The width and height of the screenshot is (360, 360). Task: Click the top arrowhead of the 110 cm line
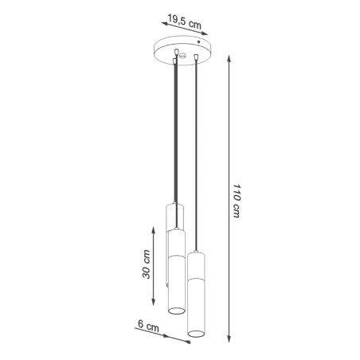[x=230, y=57]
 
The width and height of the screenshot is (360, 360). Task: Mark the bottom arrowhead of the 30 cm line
[x=155, y=304]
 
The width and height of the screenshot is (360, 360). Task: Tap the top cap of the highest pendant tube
[x=174, y=205]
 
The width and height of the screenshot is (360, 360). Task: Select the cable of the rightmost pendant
[x=196, y=159]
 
